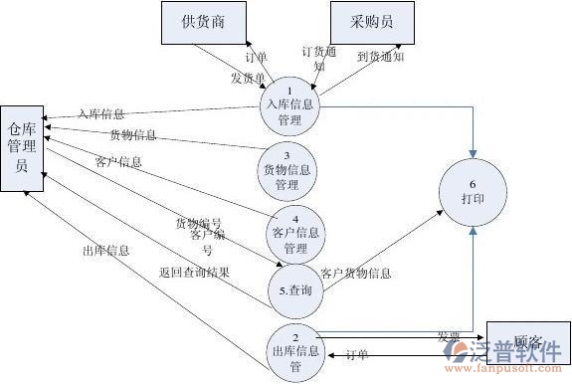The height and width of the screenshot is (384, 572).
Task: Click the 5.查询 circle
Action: pyautogui.click(x=296, y=290)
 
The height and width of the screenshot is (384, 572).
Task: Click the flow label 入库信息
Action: pyautogui.click(x=101, y=113)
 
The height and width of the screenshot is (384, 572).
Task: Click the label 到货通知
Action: pyautogui.click(x=381, y=58)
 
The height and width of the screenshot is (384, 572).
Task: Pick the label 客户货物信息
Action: pyautogui.click(x=356, y=273)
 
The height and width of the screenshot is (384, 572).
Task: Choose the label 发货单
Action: pyautogui.click(x=248, y=78)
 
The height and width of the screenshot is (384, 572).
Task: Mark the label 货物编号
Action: pyautogui.click(x=199, y=223)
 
